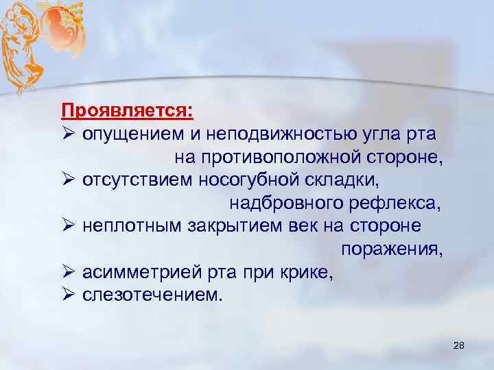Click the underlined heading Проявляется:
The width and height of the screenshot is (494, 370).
[x=127, y=110]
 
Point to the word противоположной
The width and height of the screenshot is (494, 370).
[x=279, y=158]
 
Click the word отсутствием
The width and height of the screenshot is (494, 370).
[x=137, y=180]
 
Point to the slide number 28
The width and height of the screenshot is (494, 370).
[x=459, y=348]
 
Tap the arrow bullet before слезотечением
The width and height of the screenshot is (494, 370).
[x=67, y=296]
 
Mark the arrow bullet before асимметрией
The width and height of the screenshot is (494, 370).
[x=67, y=273]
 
